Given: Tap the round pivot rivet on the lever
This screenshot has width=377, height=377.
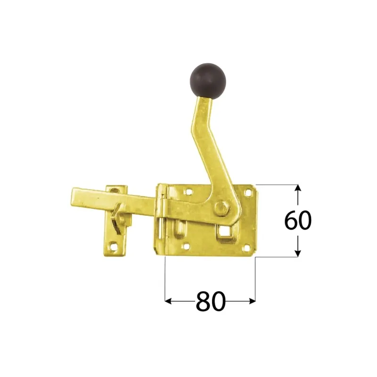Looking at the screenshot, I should tap(220, 207).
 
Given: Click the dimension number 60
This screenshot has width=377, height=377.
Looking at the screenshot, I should tap(298, 221).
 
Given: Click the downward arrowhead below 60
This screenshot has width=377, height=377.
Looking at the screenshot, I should tap(297, 254).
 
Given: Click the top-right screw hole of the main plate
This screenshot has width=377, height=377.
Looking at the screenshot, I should tap(246, 192).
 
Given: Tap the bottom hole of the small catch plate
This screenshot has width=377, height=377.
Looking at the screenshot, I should tap(113, 246).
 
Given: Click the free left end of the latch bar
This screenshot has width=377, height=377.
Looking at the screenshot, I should tap(75, 197).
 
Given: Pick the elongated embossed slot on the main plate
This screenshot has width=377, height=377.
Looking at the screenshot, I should tap(180, 229).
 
